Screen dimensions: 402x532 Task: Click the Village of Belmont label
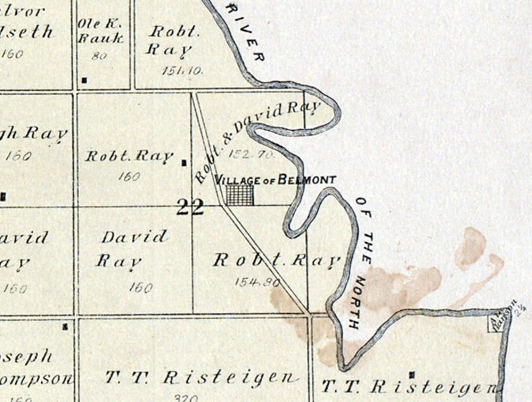click(275, 179)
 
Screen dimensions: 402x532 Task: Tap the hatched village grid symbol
click(239, 195)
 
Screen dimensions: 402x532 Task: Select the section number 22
click(190, 207)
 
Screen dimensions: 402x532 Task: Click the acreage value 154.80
click(257, 283)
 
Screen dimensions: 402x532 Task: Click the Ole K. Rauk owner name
click(101, 31)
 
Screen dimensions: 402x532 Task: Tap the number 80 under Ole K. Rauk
click(99, 56)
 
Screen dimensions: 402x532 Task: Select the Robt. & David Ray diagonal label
click(257, 138)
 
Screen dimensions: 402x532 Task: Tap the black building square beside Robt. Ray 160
click(184, 162)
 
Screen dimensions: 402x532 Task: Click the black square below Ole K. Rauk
click(84, 81)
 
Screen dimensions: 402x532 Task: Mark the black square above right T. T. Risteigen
click(412, 374)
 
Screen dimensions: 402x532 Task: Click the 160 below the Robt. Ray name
click(128, 177)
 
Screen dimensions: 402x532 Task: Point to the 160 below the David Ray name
click(140, 288)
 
